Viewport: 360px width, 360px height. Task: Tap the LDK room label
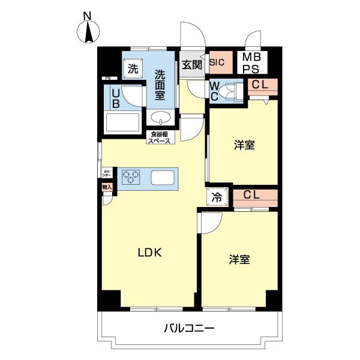[x=151, y=253]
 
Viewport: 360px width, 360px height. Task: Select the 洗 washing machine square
[x=133, y=68]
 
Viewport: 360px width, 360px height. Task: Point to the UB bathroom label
[x=115, y=97]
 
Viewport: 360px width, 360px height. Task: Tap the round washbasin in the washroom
[x=160, y=117]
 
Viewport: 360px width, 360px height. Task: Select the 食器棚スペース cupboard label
[x=160, y=137]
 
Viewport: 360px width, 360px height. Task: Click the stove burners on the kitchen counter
[x=131, y=177]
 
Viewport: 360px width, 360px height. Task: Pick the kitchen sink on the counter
[x=162, y=178]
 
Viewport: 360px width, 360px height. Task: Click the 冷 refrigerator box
[x=217, y=197]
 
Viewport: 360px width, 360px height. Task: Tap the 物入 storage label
[x=107, y=188]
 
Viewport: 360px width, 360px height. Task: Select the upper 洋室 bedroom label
[x=244, y=145]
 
